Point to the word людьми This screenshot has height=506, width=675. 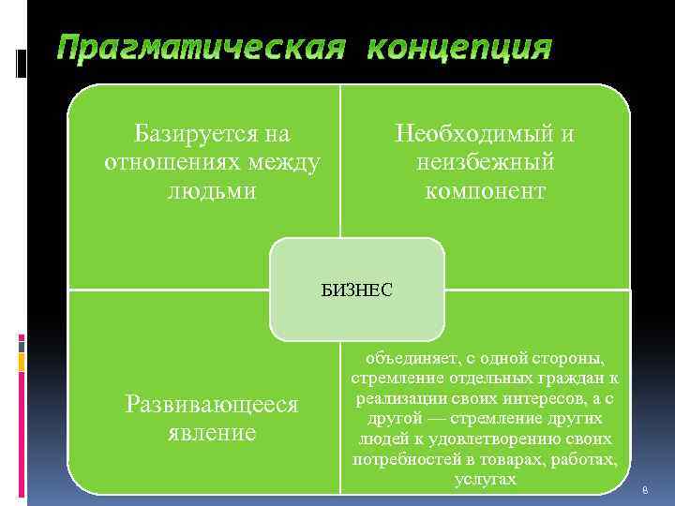point(211,191)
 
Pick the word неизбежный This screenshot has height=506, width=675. point(485,162)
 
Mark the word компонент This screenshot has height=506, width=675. point(485,191)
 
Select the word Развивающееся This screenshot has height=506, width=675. point(212,404)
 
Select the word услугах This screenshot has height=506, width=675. point(485,479)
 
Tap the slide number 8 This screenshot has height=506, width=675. point(644,491)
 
